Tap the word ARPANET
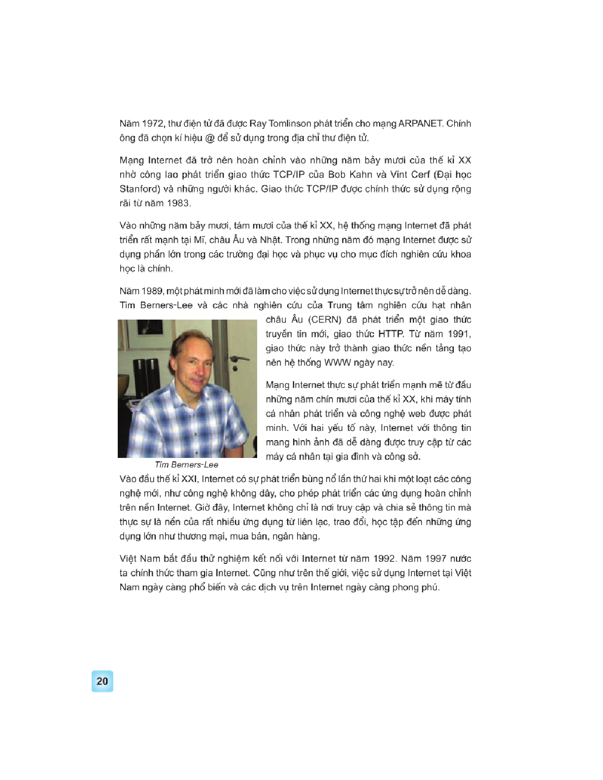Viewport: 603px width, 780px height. coord(420,124)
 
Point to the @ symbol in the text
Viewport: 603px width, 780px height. coord(210,138)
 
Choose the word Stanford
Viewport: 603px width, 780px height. coord(139,189)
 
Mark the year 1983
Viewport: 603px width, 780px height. coord(178,203)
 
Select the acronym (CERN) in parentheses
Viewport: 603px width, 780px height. coord(325,320)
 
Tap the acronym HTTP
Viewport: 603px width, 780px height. coord(391,334)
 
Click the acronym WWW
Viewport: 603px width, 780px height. coord(337,363)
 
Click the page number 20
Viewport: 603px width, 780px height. coord(102,682)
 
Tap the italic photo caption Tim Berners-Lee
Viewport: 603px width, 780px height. coord(186,465)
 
